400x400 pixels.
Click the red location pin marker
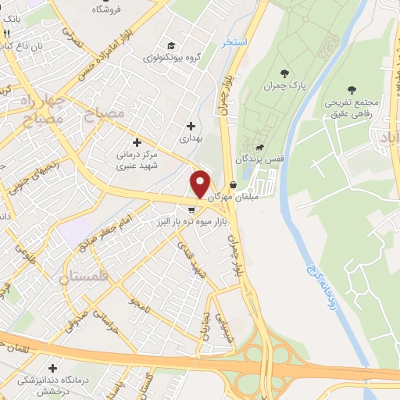click(201, 184)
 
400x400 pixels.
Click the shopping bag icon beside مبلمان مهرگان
click(234, 185)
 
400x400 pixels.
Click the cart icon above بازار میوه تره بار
click(192, 209)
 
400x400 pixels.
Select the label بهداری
click(190, 138)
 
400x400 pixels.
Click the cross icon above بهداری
click(191, 125)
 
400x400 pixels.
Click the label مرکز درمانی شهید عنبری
click(137, 156)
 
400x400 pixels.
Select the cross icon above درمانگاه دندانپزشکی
click(52, 368)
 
